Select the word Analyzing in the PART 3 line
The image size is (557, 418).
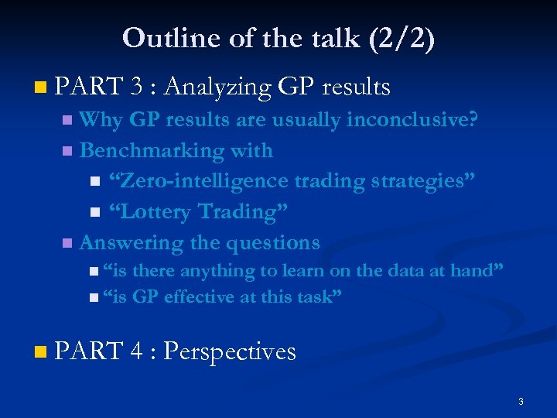coord(217,88)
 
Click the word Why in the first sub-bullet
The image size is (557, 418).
coord(101,120)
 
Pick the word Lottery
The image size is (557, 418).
coord(152,211)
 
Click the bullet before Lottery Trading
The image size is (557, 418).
coord(95,212)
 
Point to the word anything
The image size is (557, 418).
coord(218,271)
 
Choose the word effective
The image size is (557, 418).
coord(200,296)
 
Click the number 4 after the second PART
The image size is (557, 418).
coord(136,351)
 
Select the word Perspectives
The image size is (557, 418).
coord(230,351)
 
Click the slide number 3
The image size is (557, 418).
coord(521,401)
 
